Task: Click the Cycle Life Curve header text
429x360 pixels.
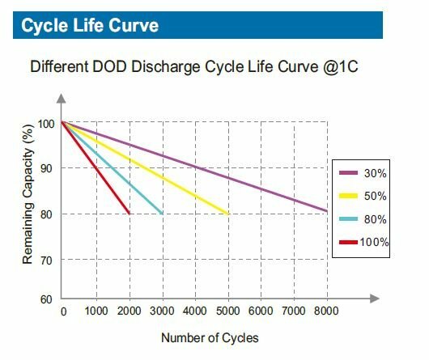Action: tap(90, 25)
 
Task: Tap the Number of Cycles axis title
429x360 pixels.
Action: tap(210, 337)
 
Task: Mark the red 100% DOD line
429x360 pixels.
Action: tap(96, 168)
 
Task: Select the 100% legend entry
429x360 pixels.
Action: tap(362, 241)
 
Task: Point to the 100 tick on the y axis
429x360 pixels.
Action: tap(47, 123)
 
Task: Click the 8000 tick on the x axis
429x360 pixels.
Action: tap(326, 312)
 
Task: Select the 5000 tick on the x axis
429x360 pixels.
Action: tap(227, 312)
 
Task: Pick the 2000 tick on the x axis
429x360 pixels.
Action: tap(129, 312)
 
